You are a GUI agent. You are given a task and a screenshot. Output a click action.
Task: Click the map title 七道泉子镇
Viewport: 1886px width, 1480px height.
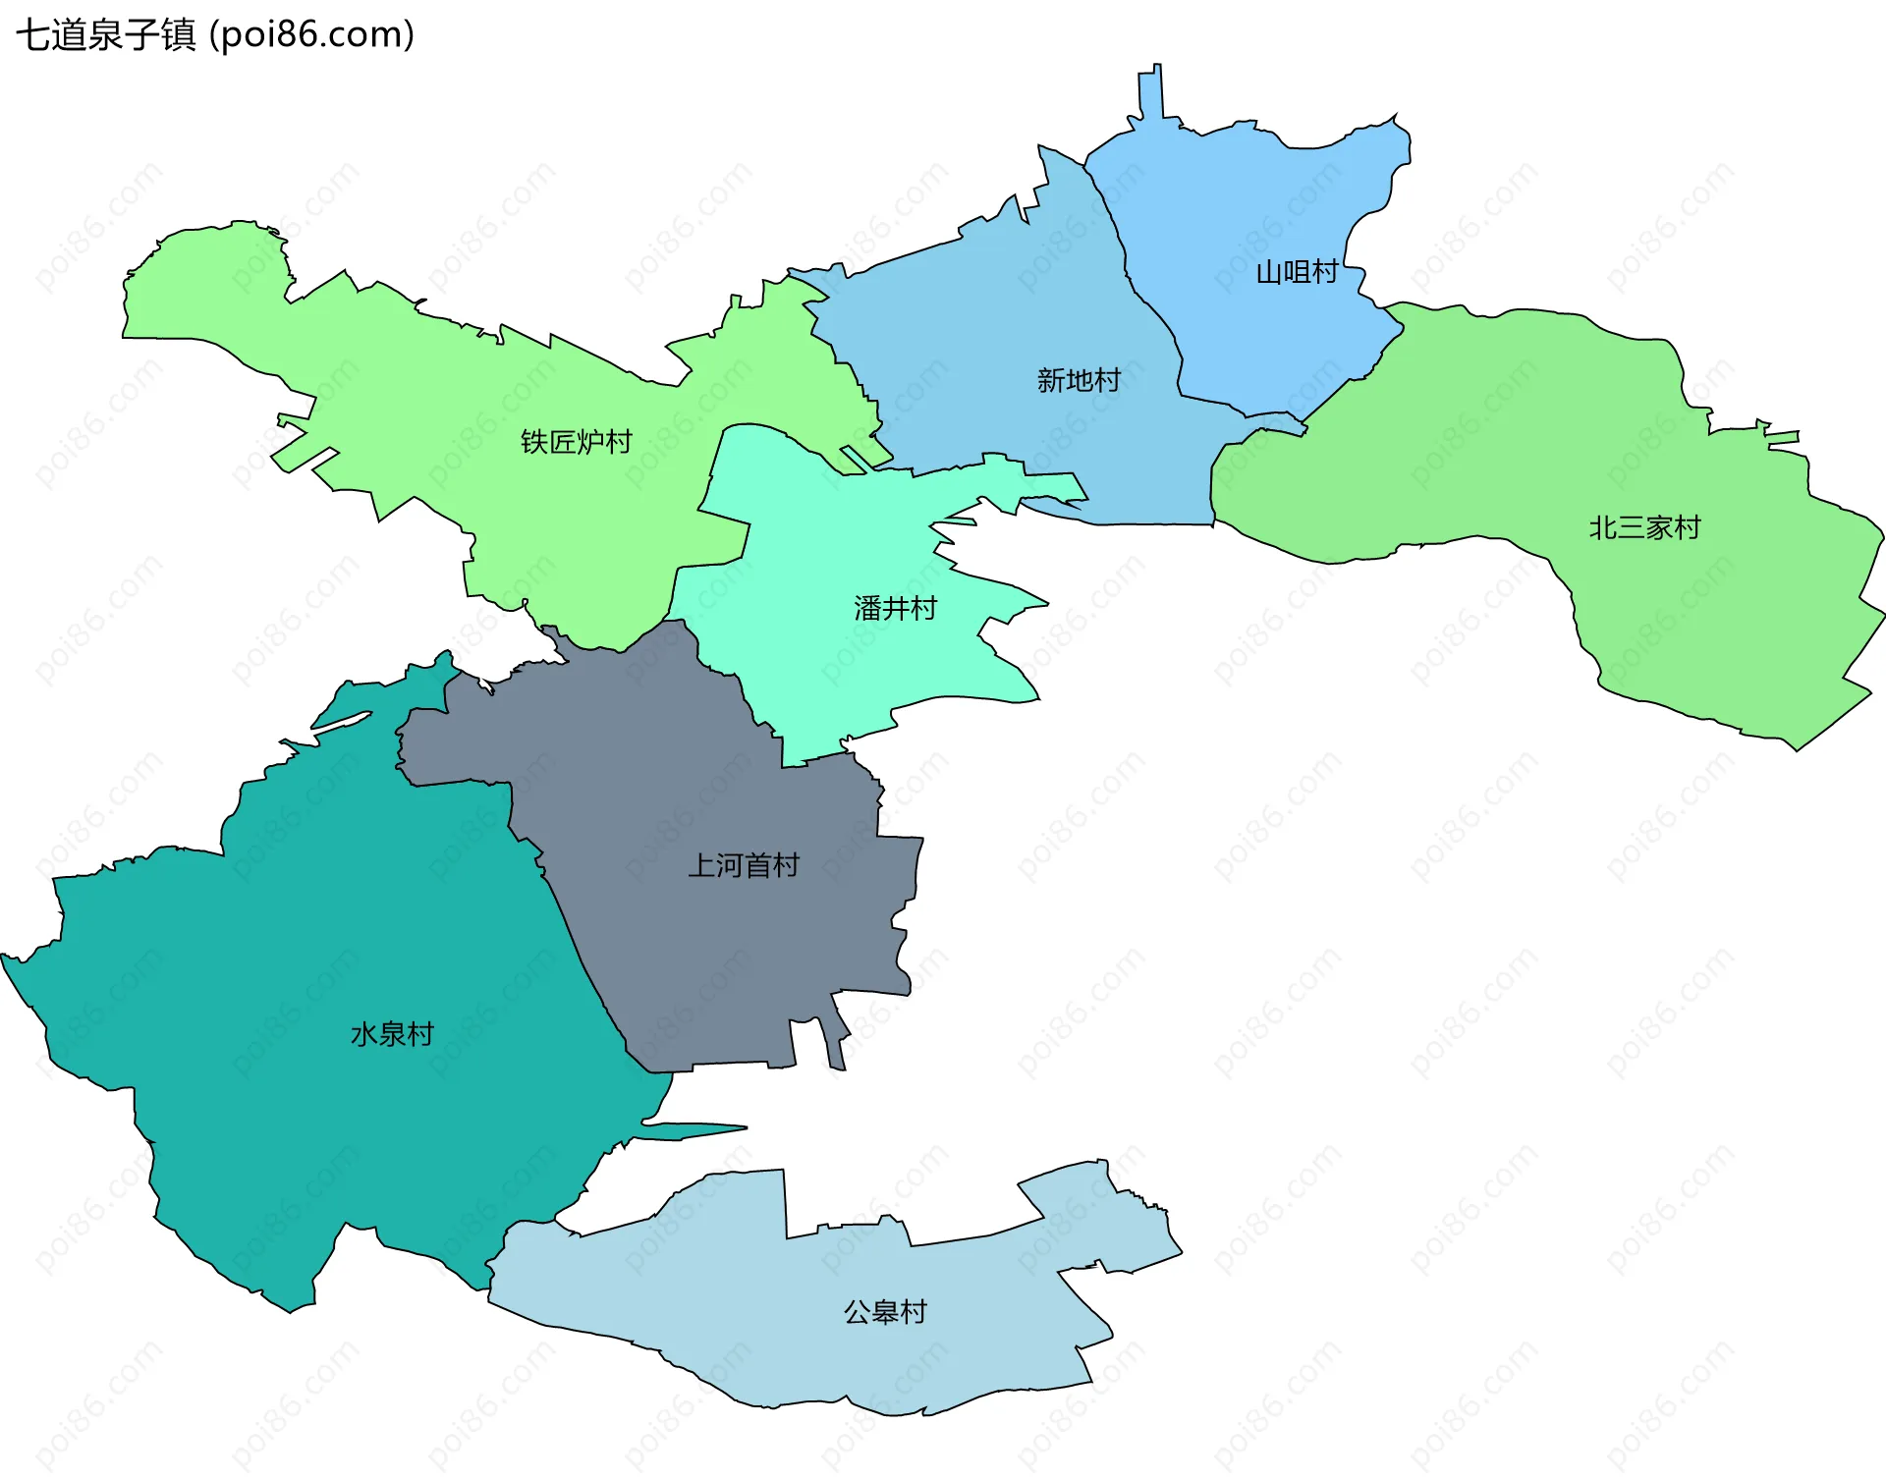(x=106, y=35)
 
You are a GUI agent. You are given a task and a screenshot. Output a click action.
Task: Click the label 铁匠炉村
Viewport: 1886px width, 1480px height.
(x=576, y=442)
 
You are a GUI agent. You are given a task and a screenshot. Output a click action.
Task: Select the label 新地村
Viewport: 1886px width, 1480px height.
(x=1079, y=380)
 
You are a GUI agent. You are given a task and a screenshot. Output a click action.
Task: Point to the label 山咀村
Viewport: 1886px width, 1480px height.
(x=1297, y=272)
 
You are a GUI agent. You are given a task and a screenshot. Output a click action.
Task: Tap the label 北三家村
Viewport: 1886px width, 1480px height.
(x=1644, y=528)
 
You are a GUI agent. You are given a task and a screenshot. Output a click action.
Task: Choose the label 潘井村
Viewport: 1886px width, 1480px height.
(x=895, y=609)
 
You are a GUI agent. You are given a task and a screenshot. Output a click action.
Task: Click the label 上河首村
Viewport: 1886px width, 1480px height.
(x=744, y=865)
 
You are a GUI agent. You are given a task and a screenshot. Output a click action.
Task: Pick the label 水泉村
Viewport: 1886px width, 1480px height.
(x=392, y=1034)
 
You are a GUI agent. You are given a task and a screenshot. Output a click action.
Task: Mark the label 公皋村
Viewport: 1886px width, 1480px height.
(x=885, y=1312)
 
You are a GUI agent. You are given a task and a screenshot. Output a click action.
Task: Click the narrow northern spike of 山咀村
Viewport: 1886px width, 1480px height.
(x=1150, y=93)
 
